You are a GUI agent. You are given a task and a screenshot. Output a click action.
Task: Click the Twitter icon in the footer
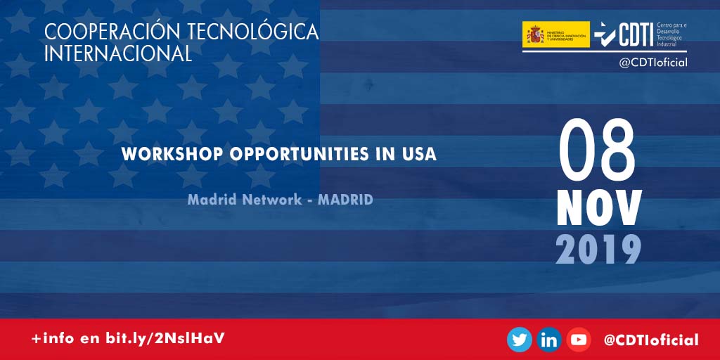(520, 340)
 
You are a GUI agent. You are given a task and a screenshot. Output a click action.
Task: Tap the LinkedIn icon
(548, 340)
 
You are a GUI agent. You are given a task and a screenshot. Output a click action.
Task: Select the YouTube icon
(579, 340)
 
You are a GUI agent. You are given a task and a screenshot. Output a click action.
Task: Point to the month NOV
(599, 208)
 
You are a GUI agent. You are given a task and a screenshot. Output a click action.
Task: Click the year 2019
(599, 249)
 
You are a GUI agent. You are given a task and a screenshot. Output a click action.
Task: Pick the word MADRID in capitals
(345, 200)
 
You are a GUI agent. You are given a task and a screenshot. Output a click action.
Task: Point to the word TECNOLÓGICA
(252, 32)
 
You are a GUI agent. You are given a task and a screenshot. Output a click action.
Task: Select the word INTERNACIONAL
(117, 53)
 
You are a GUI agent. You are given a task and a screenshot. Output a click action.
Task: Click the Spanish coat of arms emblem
(535, 34)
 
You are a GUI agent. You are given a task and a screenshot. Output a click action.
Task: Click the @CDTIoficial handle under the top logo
(652, 63)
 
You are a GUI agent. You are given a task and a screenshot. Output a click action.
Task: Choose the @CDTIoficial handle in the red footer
(651, 340)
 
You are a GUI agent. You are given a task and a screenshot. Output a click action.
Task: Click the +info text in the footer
(54, 339)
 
